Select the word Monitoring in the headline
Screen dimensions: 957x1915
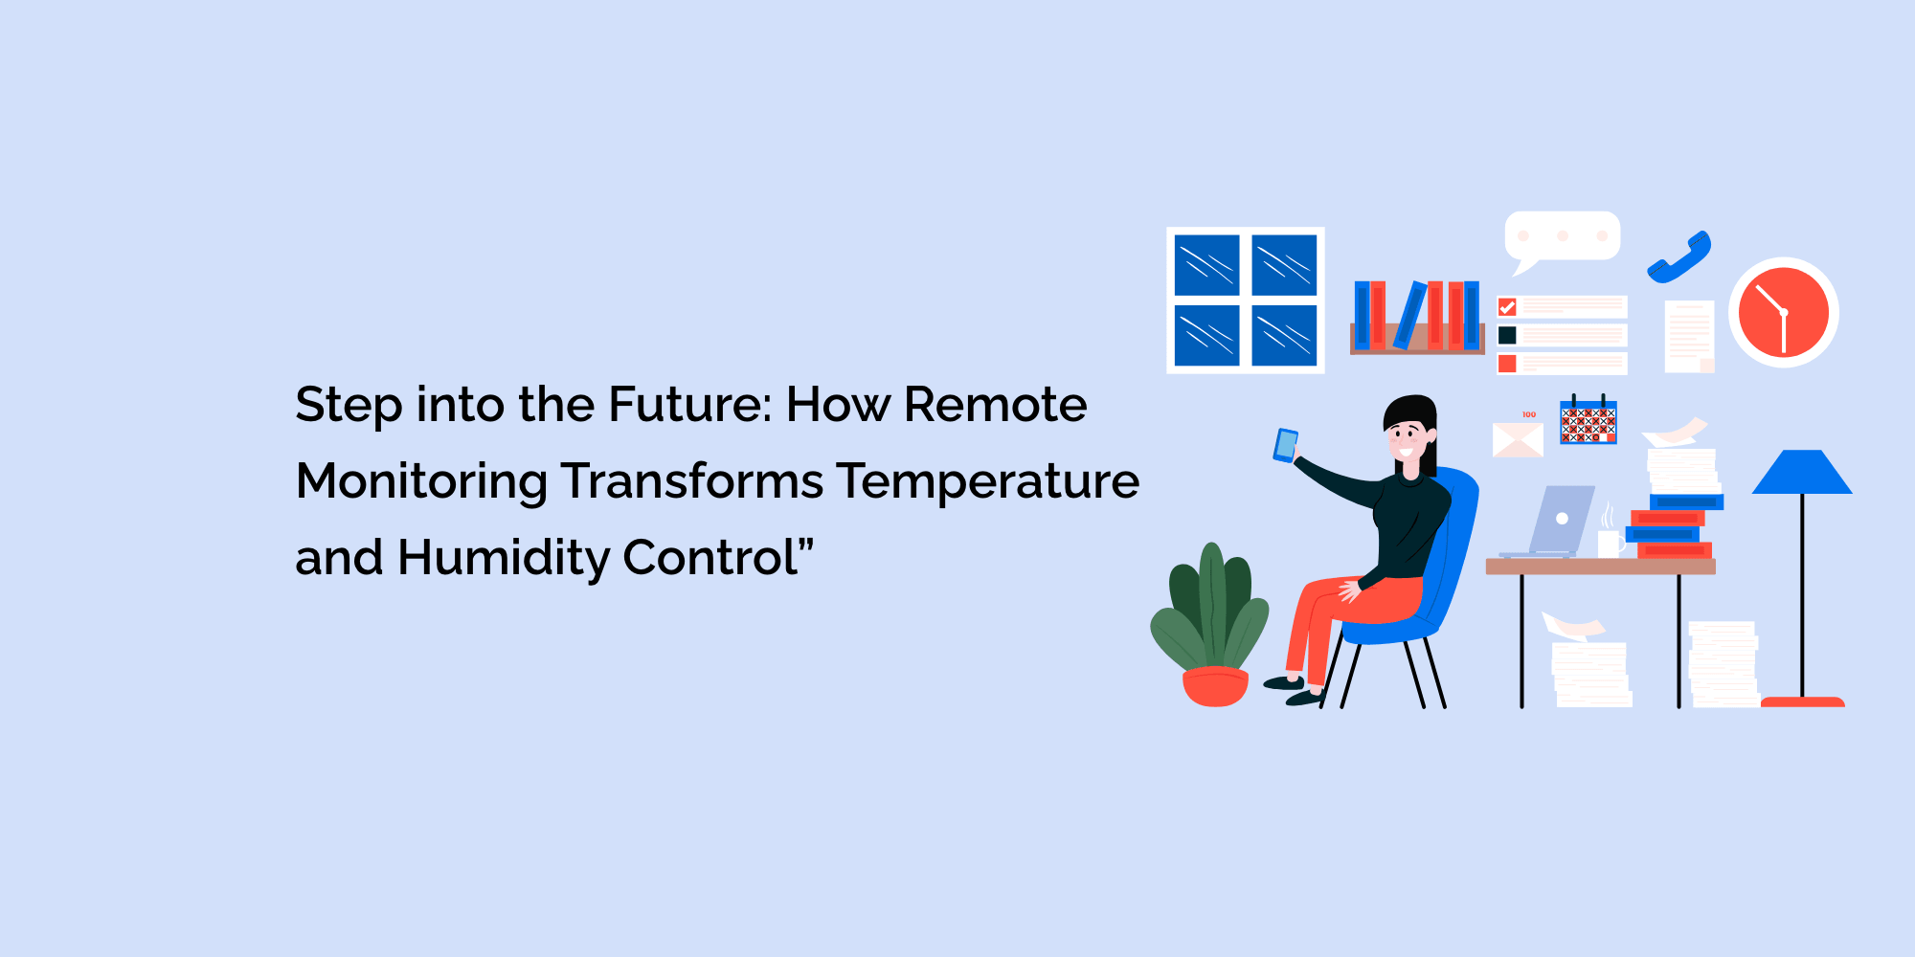click(421, 480)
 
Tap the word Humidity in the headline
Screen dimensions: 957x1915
click(504, 557)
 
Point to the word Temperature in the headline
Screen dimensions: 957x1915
click(987, 480)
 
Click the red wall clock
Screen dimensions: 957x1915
click(1783, 312)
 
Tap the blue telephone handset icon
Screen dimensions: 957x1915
click(1679, 257)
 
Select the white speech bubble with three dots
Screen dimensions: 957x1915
click(1563, 236)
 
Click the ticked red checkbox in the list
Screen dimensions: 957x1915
click(1507, 307)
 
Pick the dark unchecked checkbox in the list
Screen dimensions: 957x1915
click(1507, 335)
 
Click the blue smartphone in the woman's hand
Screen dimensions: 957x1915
click(1285, 445)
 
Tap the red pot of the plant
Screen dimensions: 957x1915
click(1215, 686)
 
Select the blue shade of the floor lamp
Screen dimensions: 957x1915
click(1802, 473)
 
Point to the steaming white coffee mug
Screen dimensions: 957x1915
click(1610, 543)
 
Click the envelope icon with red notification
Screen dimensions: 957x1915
click(1518, 439)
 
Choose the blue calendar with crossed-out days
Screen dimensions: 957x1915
click(1588, 421)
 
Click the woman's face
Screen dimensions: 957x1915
click(1408, 441)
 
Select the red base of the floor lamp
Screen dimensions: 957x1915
click(1802, 701)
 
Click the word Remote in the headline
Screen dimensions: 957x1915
click(996, 404)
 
